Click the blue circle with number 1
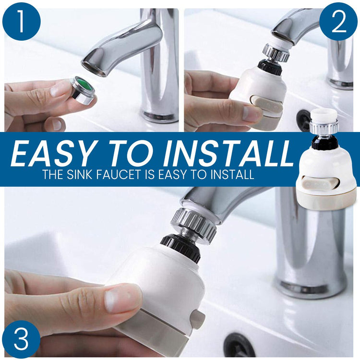(x=21, y=21)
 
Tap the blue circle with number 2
(x=338, y=21)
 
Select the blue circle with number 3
(x=21, y=339)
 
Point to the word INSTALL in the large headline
(x=228, y=153)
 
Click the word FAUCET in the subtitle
(x=118, y=175)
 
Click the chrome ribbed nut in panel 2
(x=276, y=53)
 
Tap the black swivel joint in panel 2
(x=270, y=67)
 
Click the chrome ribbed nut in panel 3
(x=193, y=225)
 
